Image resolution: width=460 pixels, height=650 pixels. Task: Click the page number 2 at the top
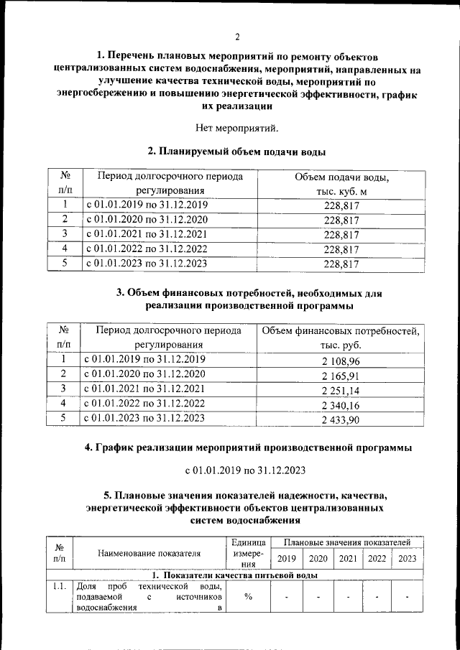(x=236, y=37)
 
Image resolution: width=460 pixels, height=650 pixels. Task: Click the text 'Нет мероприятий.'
(x=236, y=128)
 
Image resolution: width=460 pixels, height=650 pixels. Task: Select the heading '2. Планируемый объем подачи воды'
(x=236, y=152)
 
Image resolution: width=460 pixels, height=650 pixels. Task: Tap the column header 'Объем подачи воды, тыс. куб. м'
(x=341, y=184)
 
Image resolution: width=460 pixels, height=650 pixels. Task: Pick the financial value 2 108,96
(x=341, y=360)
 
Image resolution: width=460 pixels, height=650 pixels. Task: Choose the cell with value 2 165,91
(x=341, y=375)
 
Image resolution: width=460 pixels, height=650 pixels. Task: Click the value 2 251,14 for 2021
(x=341, y=390)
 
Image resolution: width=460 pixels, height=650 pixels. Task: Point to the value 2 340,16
(x=341, y=405)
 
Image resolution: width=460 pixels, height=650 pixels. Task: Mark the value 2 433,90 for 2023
(x=341, y=419)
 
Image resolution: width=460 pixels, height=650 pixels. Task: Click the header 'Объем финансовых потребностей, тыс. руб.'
(x=341, y=338)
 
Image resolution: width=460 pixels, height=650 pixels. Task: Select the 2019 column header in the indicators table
(x=287, y=559)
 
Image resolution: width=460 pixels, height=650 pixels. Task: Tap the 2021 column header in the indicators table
(x=348, y=559)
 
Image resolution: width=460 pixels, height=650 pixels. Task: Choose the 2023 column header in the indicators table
(x=407, y=559)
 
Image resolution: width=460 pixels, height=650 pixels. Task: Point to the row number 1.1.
(x=59, y=588)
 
